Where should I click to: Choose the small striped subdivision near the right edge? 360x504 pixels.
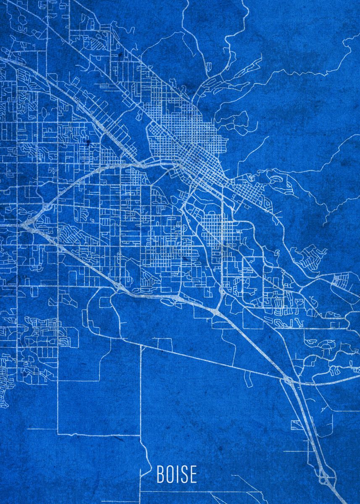(x=341, y=280)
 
